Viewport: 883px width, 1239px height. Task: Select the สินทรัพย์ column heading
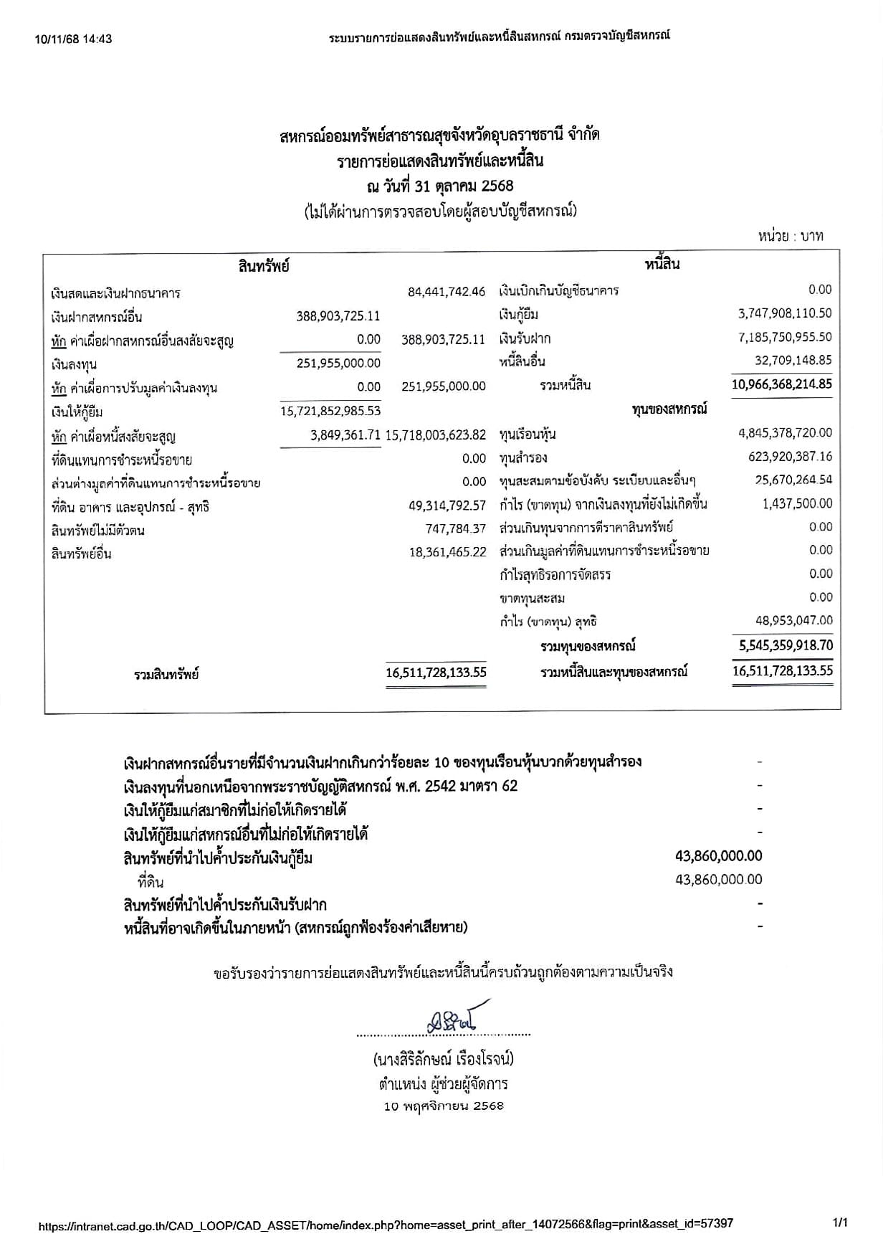click(x=263, y=267)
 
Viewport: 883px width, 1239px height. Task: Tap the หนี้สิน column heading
click(x=662, y=265)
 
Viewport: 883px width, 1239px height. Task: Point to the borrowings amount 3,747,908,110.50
click(x=785, y=313)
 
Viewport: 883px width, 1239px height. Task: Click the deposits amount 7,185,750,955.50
click(x=785, y=337)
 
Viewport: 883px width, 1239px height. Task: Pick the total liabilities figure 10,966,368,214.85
click(x=782, y=384)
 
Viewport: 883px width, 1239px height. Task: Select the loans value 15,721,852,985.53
click(x=331, y=411)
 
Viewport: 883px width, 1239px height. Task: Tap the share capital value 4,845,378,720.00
click(x=785, y=432)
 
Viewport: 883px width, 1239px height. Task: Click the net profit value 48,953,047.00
click(x=794, y=621)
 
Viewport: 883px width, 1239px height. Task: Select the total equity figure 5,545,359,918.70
click(x=785, y=645)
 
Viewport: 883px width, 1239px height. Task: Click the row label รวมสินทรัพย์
click(x=166, y=675)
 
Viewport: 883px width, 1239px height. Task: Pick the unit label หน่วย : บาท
click(x=791, y=236)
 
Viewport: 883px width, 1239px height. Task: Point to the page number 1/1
click(x=840, y=1222)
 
